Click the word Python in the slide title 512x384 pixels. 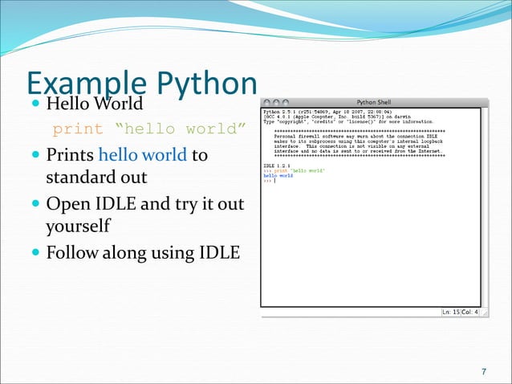tap(205, 84)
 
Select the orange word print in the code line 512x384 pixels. tap(78, 129)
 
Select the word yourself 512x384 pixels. tap(77, 227)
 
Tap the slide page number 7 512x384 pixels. tap(483, 371)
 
